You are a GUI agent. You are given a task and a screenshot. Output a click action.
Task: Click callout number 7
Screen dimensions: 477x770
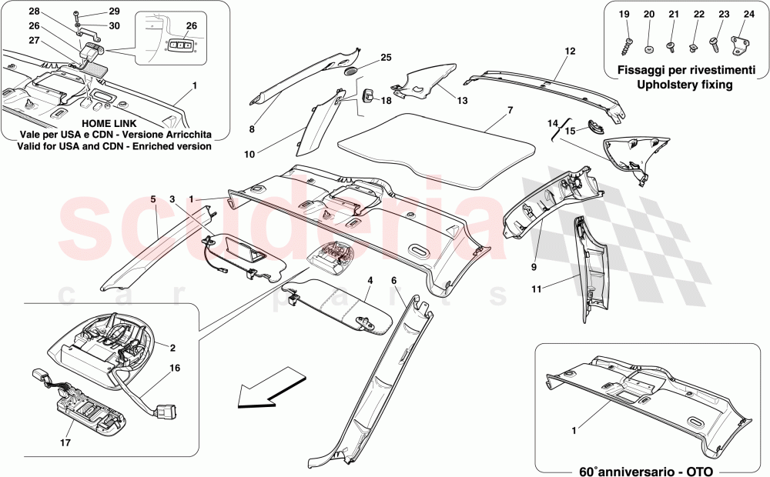coord(510,111)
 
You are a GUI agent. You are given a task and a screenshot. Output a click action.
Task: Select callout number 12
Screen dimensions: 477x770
coord(570,52)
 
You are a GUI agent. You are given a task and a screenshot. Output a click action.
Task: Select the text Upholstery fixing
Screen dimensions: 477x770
coord(679,85)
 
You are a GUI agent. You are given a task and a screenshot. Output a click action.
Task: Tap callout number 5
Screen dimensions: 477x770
coord(153,199)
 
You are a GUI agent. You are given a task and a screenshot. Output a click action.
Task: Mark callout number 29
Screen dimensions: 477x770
coord(114,12)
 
